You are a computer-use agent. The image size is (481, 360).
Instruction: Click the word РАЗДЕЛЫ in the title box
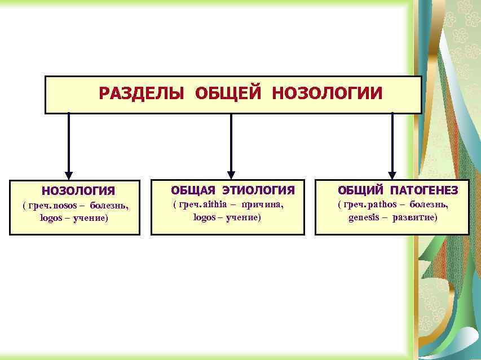coord(142,93)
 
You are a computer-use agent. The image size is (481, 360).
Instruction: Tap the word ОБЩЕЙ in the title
coord(228,93)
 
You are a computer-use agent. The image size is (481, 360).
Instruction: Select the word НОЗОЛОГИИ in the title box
coord(326,93)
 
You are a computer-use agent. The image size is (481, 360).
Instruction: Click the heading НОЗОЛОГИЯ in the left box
coord(78,192)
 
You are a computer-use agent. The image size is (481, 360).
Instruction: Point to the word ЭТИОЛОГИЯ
coord(258,190)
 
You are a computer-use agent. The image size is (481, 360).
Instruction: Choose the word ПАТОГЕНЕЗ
coord(423,190)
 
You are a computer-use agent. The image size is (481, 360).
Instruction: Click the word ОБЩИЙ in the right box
coord(360,190)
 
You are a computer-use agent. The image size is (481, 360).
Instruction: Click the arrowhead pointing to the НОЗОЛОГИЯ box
coord(69,175)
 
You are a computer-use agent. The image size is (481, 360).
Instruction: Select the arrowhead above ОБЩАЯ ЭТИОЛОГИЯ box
coord(231,175)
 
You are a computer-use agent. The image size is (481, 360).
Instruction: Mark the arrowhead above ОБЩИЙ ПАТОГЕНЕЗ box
coord(392,175)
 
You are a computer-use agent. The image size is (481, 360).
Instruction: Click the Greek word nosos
coord(65,205)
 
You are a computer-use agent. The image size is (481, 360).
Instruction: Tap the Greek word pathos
coord(382,204)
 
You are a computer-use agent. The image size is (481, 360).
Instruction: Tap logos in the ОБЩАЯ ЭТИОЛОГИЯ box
coord(204,217)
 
